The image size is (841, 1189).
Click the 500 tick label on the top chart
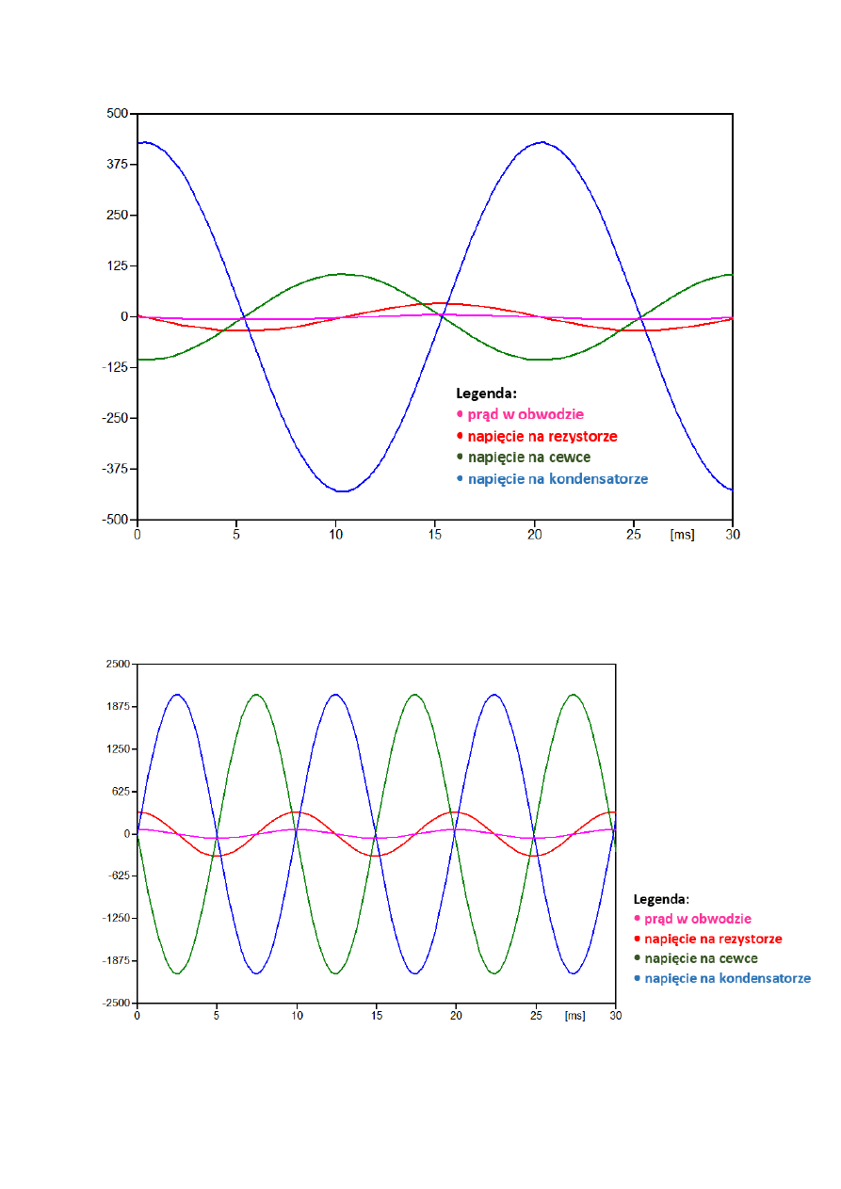coord(116,114)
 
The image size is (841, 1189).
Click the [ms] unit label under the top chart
coord(682,535)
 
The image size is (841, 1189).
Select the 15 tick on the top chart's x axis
coord(435,535)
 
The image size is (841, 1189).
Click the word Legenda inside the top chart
coord(487,393)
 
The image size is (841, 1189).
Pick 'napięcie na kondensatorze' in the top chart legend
coord(558,479)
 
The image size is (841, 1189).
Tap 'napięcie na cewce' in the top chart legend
coord(529,458)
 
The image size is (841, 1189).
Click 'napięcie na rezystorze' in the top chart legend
coord(542,436)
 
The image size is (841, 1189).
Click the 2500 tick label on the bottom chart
coord(119,665)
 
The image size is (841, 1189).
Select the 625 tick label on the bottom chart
coord(121,792)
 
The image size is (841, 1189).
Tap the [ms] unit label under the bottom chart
coord(574,1017)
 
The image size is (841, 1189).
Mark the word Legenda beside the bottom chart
coord(661,899)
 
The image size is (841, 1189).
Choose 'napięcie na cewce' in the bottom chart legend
coord(701,958)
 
